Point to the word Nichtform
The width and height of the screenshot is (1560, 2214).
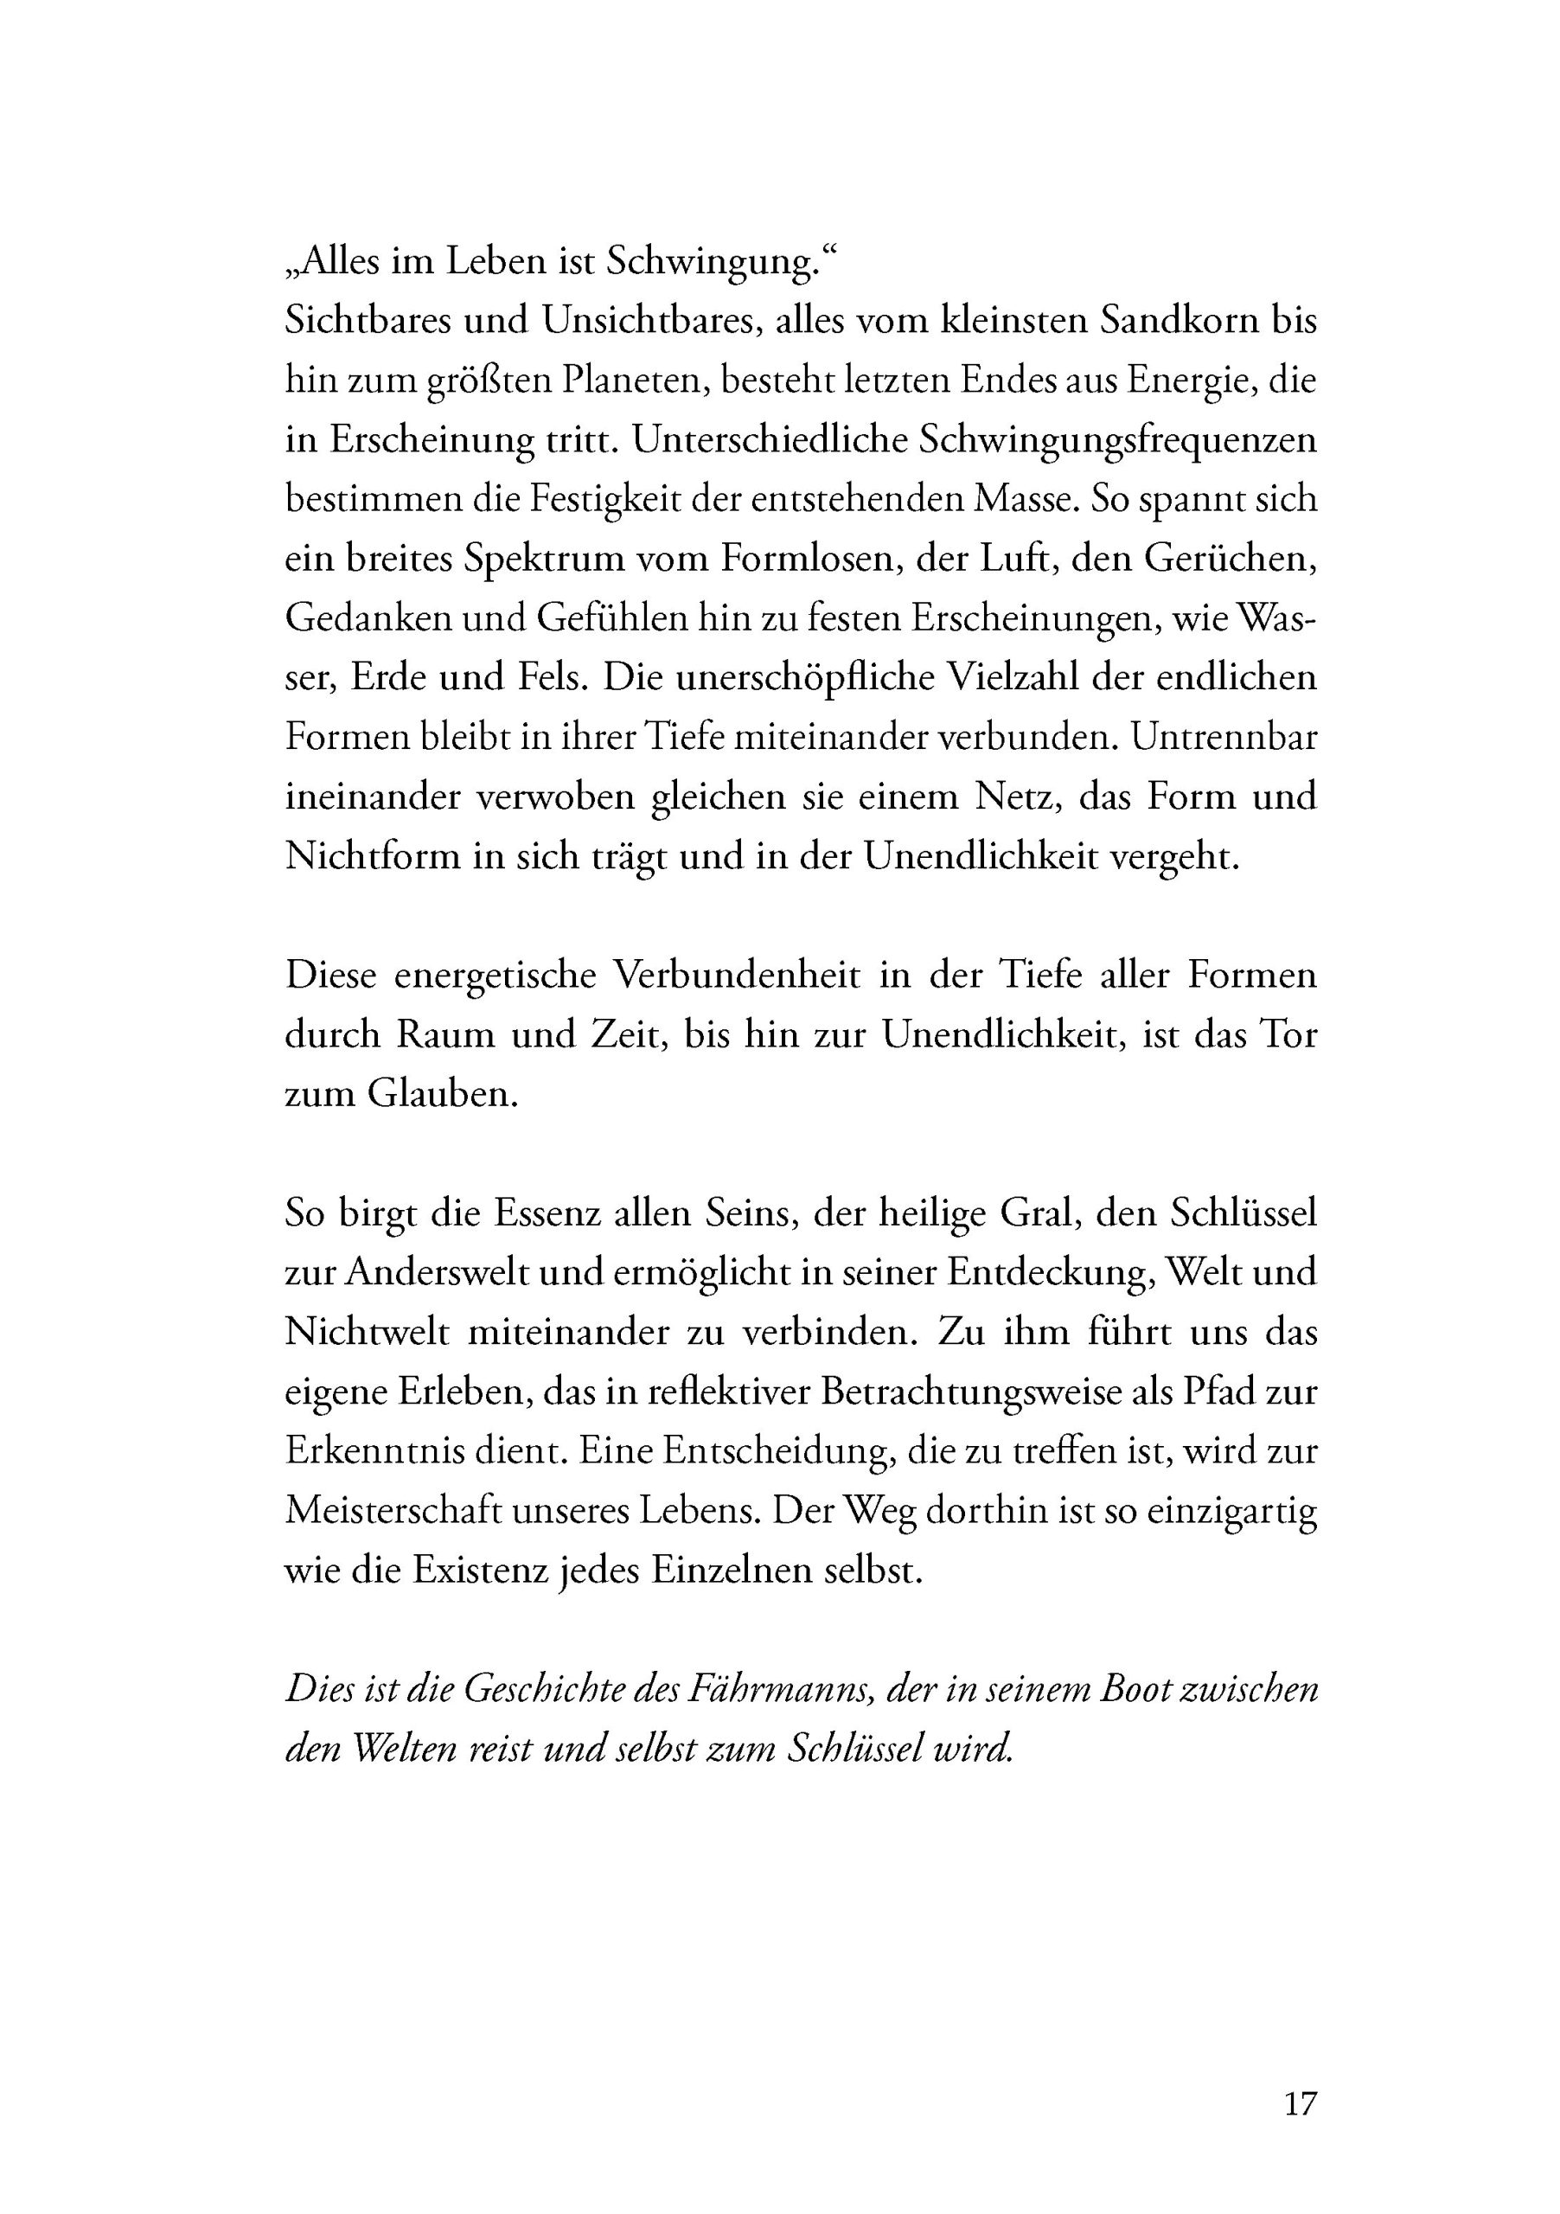click(x=372, y=856)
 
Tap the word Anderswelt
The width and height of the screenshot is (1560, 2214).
click(x=437, y=1274)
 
